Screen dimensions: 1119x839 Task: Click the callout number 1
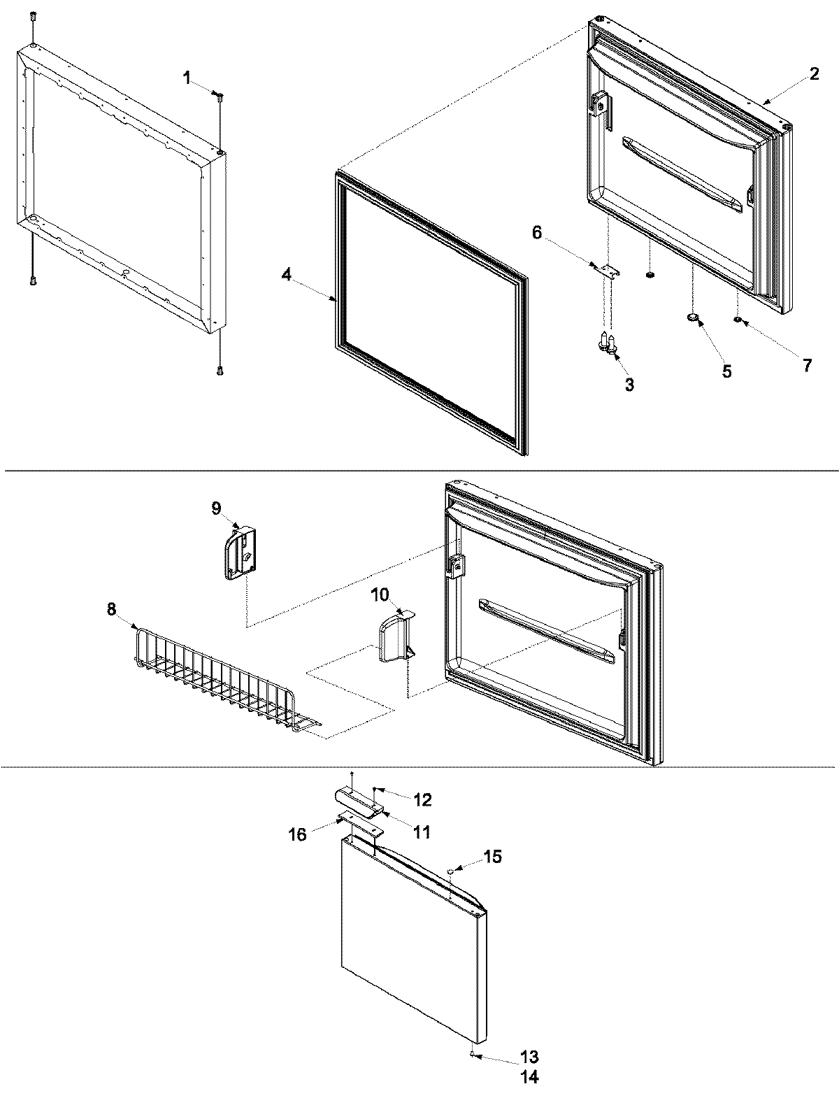click(187, 78)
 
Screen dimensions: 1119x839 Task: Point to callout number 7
click(808, 364)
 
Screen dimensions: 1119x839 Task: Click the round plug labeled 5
click(693, 318)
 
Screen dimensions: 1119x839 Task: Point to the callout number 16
click(298, 834)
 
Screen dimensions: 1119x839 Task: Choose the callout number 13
click(530, 1057)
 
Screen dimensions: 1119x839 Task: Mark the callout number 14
click(530, 1078)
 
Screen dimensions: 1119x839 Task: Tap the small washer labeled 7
click(738, 320)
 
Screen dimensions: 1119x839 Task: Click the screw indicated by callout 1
click(220, 99)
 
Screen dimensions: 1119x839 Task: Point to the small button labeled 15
click(452, 870)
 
